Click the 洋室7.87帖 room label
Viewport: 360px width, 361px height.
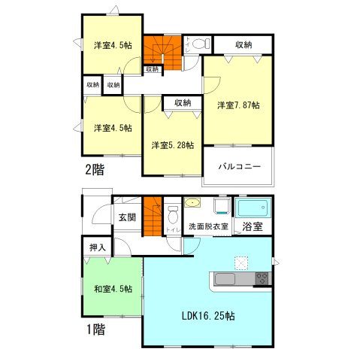pyautogui.click(x=239, y=105)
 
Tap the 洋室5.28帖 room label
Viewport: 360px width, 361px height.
pyautogui.click(x=172, y=144)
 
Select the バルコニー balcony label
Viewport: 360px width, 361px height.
pyautogui.click(x=240, y=165)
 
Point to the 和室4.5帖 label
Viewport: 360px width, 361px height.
pyautogui.click(x=113, y=288)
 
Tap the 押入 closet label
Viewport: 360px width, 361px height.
pyautogui.click(x=97, y=246)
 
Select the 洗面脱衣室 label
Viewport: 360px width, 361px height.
pyautogui.click(x=208, y=226)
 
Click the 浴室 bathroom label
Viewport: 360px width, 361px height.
pyautogui.click(x=253, y=226)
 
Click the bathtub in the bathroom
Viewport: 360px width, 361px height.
pyautogui.click(x=254, y=207)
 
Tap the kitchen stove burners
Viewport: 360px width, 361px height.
pyautogui.click(x=262, y=279)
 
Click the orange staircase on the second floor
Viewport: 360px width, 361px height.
pyautogui.click(x=159, y=50)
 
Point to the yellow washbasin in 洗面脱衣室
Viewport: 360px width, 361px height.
pyautogui.click(x=193, y=203)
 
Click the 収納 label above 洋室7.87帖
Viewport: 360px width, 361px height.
pyautogui.click(x=243, y=46)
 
